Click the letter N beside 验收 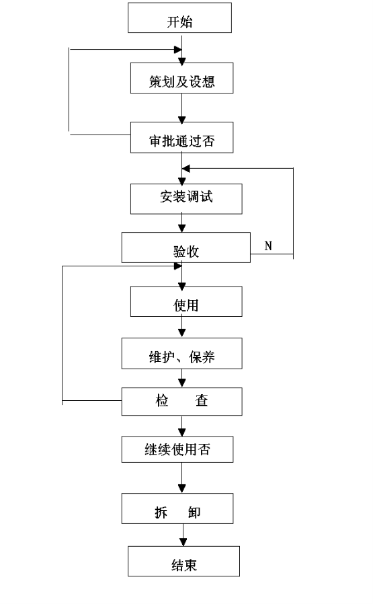[x=268, y=246]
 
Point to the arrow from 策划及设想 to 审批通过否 [x=182, y=108]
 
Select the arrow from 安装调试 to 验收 [x=182, y=223]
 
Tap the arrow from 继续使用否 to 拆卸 [x=182, y=478]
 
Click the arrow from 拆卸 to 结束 [x=183, y=535]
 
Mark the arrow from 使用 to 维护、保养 [x=182, y=327]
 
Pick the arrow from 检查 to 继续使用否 [x=182, y=426]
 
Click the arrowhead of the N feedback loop [x=185, y=168]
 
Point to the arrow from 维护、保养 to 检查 [x=182, y=378]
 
